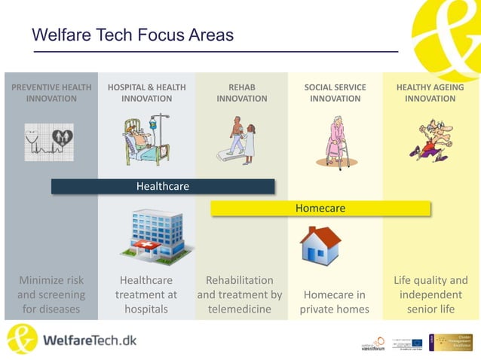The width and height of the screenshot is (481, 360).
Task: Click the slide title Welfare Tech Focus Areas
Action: pyautogui.click(x=133, y=35)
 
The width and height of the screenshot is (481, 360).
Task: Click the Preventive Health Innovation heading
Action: pyautogui.click(x=51, y=93)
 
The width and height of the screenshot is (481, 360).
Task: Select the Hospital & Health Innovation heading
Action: pyautogui.click(x=146, y=93)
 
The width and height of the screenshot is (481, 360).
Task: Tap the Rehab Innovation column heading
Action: pyautogui.click(x=241, y=93)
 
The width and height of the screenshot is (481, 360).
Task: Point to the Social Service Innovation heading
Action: pyautogui.click(x=335, y=93)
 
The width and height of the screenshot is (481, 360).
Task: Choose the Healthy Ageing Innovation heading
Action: pyautogui.click(x=430, y=93)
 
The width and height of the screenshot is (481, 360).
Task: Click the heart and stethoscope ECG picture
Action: pyautogui.click(x=51, y=140)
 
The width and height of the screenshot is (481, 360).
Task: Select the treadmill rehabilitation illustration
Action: pyautogui.click(x=241, y=140)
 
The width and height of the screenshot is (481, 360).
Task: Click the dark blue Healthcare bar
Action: pyautogui.click(x=162, y=186)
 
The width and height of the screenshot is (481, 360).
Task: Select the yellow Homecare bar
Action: pyautogui.click(x=320, y=208)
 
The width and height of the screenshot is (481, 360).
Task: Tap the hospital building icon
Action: pyautogui.click(x=155, y=233)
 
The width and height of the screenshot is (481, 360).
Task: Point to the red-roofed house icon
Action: pyautogui.click(x=320, y=244)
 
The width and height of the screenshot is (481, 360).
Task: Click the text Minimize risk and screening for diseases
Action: pyautogui.click(x=51, y=294)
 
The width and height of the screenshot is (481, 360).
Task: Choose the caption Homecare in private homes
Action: pyautogui.click(x=335, y=302)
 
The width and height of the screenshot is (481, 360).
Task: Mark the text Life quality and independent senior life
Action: pyautogui.click(x=430, y=294)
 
